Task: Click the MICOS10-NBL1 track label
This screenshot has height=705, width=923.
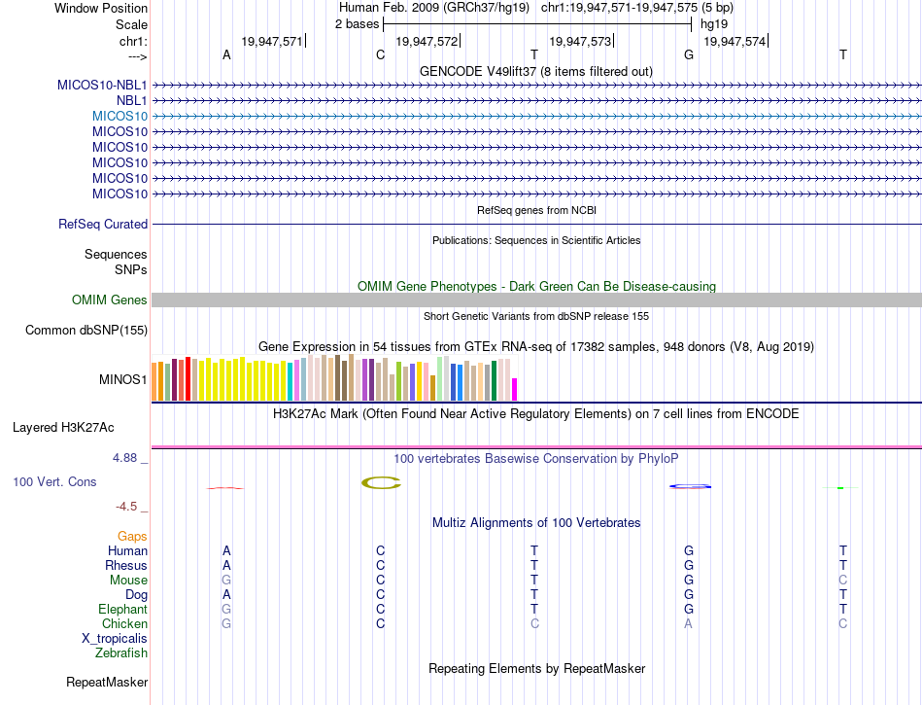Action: [102, 85]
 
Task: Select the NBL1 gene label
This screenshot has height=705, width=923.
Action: [132, 100]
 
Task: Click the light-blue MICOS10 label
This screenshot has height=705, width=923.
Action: [120, 116]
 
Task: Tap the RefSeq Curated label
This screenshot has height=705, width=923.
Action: [103, 224]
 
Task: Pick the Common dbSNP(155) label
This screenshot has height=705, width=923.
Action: [85, 331]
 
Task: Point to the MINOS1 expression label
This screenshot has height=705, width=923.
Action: [123, 379]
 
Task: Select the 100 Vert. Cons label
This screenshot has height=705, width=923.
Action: [54, 481]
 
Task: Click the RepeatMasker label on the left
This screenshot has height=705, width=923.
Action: [107, 682]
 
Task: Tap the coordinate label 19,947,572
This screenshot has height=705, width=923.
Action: [427, 42]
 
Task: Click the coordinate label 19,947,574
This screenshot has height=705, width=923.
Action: [735, 42]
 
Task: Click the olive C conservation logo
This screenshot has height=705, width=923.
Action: [380, 482]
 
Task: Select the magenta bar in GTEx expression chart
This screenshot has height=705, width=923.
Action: [514, 389]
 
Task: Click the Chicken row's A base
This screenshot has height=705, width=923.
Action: [689, 623]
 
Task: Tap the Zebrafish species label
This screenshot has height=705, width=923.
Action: [121, 653]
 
